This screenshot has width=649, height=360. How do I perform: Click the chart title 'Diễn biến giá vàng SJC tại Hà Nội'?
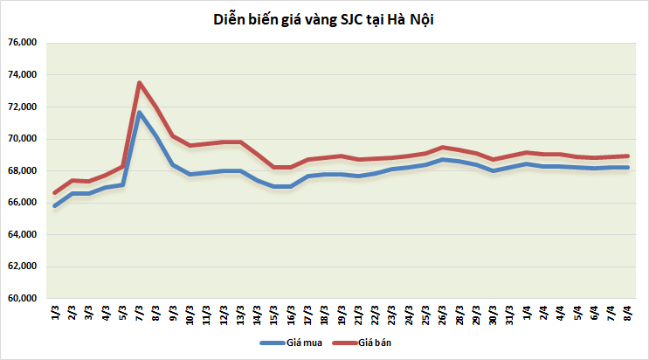click(323, 19)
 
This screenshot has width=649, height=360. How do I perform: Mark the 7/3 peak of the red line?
click(140, 83)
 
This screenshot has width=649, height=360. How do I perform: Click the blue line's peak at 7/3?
click(140, 113)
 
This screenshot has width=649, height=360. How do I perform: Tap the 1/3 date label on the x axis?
click(55, 313)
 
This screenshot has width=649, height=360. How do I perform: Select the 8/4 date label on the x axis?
click(629, 313)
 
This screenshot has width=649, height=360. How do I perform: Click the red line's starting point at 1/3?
click(55, 193)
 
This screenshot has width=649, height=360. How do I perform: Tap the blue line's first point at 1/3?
click(55, 206)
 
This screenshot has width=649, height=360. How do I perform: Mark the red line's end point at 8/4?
click(629, 156)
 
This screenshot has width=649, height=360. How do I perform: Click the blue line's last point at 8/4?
click(629, 168)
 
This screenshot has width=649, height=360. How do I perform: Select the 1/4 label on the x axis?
click(528, 313)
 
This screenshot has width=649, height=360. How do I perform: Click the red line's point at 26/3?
click(444, 147)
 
